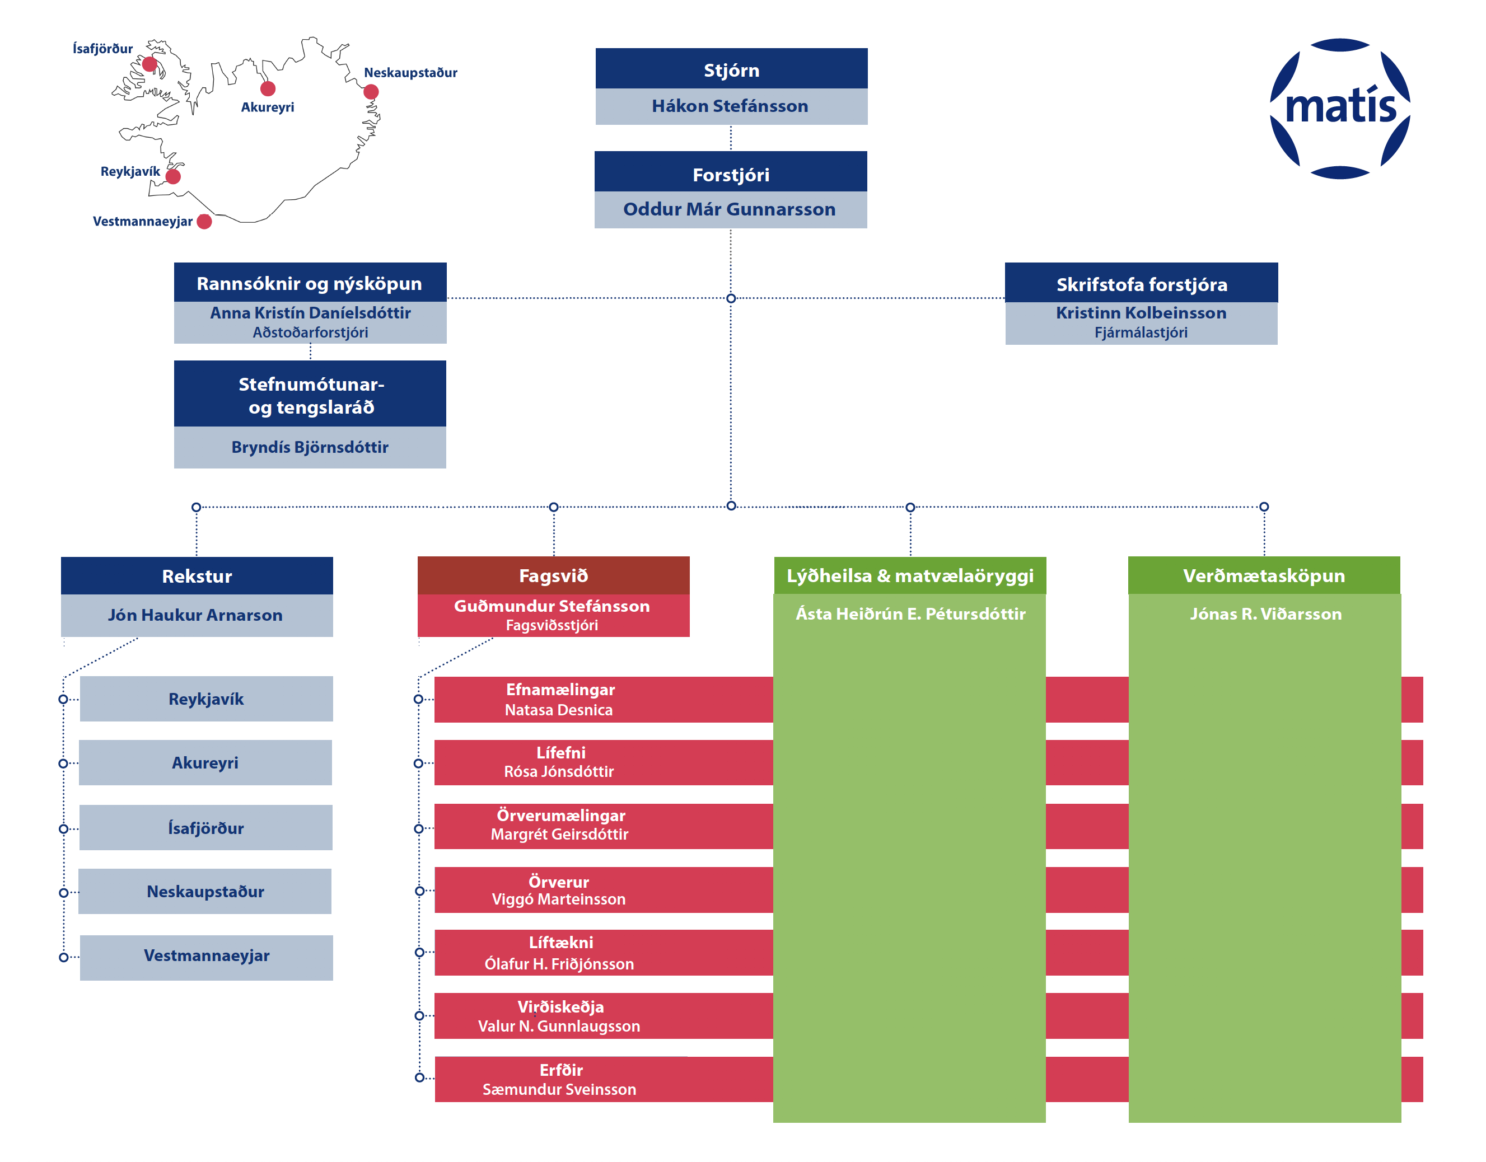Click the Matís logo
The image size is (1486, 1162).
click(x=1340, y=109)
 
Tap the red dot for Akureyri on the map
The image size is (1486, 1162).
click(x=268, y=88)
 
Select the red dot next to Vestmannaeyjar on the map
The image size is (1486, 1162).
click(x=204, y=222)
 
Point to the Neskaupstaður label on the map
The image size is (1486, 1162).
click(x=410, y=73)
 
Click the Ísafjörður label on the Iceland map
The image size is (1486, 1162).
click(x=102, y=48)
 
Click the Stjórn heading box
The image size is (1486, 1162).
click(x=731, y=69)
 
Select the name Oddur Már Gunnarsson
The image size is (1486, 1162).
click(x=730, y=209)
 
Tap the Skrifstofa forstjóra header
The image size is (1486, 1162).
click(x=1141, y=283)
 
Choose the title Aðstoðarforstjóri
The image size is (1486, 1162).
click(x=310, y=332)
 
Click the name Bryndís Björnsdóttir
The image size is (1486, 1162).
click(x=310, y=447)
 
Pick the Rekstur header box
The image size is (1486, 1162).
click(x=197, y=576)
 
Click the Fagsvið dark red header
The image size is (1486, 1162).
click(x=553, y=575)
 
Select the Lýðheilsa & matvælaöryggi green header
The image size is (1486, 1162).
click(x=910, y=575)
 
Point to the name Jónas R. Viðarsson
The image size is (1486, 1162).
click(x=1265, y=613)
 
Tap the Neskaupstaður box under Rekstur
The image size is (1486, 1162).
click(x=205, y=891)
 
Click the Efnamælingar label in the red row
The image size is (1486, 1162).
click(x=560, y=689)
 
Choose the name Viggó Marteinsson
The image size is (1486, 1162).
click(x=559, y=899)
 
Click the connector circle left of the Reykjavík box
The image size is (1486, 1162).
click(x=63, y=699)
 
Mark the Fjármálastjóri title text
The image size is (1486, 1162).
click(x=1141, y=332)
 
